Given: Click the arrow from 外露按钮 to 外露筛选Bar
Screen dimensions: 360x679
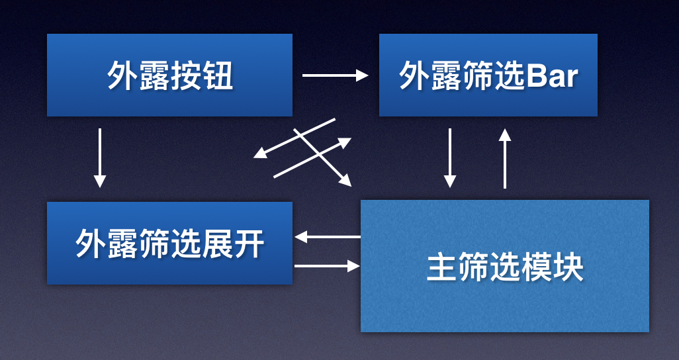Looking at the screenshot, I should (x=334, y=75).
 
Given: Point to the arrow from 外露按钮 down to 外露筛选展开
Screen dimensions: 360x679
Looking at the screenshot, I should (x=100, y=157).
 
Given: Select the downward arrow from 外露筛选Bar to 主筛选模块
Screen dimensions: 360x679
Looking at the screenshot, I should (x=450, y=157).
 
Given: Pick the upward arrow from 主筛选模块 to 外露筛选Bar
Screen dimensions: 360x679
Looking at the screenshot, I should (x=505, y=159).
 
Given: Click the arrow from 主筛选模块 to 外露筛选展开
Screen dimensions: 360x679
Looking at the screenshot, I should (x=328, y=236).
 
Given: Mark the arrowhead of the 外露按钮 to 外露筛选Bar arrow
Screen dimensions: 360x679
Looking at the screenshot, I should (x=362, y=75).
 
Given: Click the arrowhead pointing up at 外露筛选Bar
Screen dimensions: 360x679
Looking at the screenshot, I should (x=505, y=134).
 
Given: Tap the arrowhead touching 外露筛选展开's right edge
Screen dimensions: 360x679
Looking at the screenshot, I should (x=300, y=236).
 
